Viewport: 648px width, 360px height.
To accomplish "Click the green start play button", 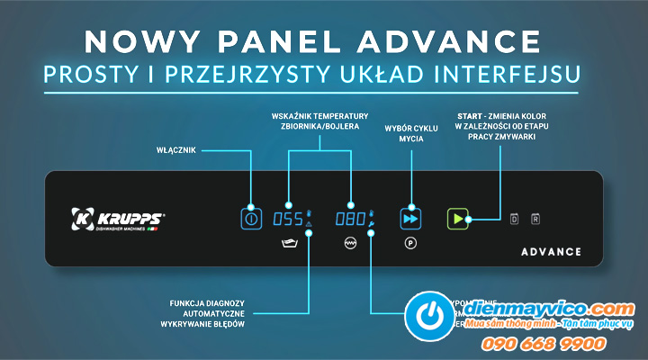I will point(458,218).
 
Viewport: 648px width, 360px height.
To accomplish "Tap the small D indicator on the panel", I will point(515,219).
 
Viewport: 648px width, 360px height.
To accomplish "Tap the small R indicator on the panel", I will point(535,219).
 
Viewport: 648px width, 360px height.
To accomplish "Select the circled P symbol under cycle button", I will point(409,244).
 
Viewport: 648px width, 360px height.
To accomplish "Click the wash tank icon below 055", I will point(288,244).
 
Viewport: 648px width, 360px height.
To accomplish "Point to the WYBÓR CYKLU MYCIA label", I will point(410,134).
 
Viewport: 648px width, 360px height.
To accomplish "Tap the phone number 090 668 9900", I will point(556,343).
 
